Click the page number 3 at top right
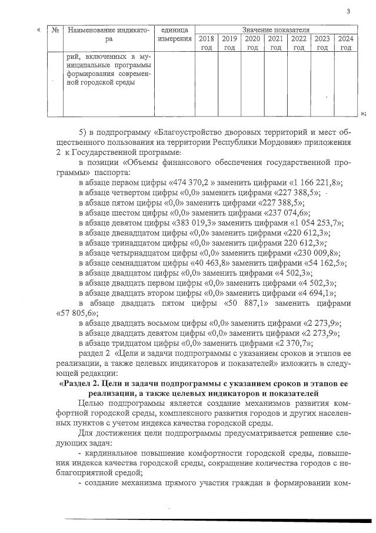(348, 11)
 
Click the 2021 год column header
(275, 43)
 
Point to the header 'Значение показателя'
(276, 29)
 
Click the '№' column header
(54, 29)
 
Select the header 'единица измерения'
(175, 34)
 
